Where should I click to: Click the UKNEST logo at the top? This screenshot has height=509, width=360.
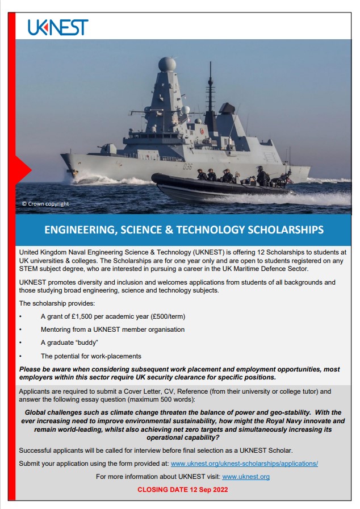pos(58,27)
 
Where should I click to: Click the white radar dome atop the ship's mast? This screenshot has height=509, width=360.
pos(167,64)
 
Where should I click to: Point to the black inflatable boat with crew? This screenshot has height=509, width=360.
pos(221,186)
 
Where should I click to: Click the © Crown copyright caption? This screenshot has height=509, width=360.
pos(45,203)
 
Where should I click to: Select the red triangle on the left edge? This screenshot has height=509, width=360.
pos(23,169)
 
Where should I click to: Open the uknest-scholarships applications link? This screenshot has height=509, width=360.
pos(244,463)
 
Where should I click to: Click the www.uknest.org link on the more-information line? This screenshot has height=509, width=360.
pos(245,476)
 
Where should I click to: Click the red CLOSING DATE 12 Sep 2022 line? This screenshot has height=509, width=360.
pos(182,489)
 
